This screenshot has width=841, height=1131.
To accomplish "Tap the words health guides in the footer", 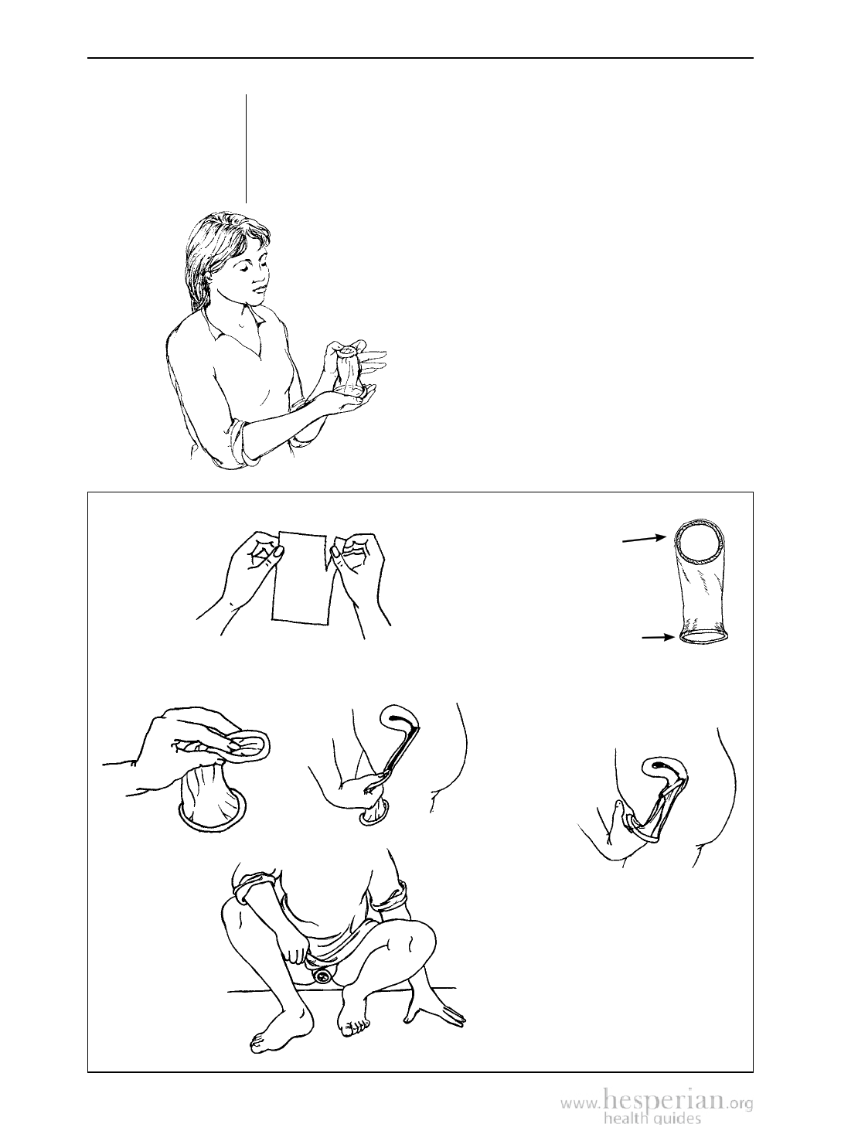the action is [652, 1119].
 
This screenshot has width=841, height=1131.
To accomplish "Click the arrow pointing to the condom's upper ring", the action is [645, 539].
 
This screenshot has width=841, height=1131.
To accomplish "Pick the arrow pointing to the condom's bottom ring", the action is [658, 638].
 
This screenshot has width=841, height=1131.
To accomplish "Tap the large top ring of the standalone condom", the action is [700, 542].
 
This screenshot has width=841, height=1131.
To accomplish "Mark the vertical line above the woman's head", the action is [247, 148].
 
